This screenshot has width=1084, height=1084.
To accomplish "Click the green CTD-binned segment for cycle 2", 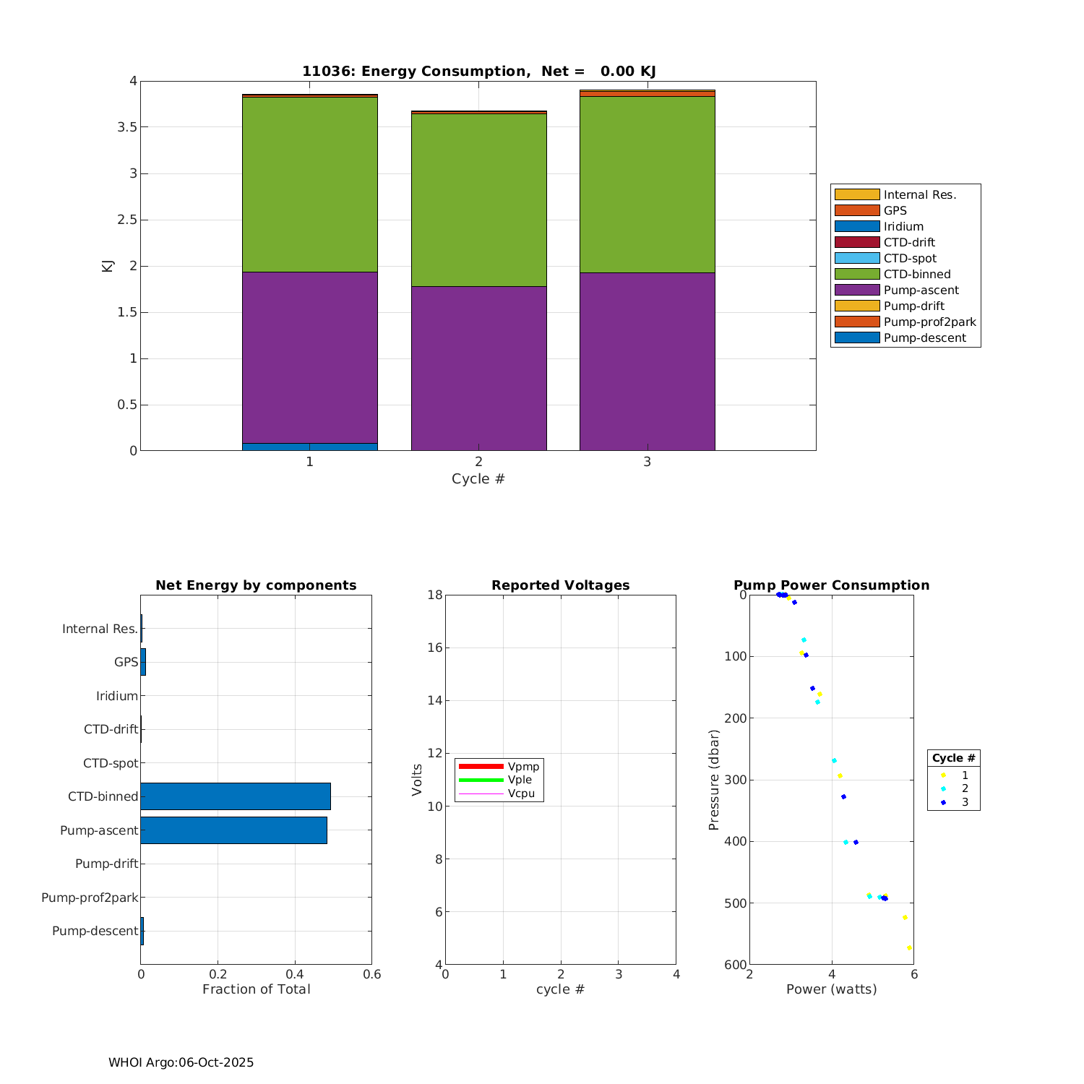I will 478,199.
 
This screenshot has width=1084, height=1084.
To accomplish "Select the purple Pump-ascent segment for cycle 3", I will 647,361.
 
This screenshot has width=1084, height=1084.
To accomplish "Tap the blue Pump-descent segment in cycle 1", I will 309,447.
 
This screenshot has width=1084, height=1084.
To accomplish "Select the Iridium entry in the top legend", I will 903,226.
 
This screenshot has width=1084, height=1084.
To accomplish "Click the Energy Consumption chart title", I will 478,71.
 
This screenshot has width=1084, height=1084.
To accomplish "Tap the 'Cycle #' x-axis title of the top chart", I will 478,479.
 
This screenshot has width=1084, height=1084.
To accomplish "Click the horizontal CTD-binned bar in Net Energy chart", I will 236,796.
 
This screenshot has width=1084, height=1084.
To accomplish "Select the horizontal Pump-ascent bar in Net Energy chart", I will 233,830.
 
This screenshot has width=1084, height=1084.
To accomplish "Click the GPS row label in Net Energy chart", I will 126,662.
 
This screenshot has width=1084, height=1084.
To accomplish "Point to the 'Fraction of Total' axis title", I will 256,989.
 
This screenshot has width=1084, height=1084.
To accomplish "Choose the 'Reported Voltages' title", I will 560,585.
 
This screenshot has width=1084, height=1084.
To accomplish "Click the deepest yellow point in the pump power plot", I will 909,947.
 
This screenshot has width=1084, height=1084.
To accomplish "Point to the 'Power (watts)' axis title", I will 831,989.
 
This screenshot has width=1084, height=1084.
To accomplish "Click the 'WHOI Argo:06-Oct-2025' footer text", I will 181,1062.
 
